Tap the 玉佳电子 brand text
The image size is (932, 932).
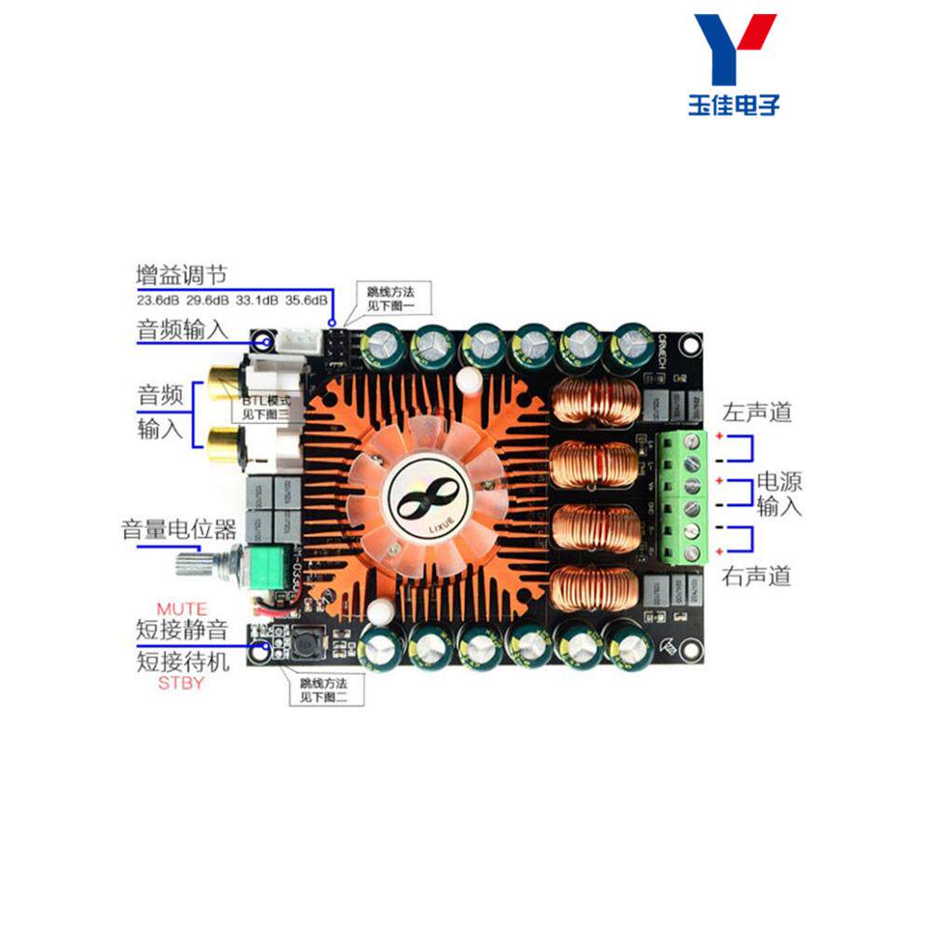[733, 103]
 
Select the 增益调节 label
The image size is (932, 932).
[182, 275]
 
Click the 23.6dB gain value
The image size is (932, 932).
[157, 300]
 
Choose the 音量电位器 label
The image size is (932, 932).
[179, 530]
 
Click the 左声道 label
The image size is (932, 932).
[756, 410]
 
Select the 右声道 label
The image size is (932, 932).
[756, 577]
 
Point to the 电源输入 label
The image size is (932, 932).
[779, 494]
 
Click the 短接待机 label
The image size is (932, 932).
[182, 661]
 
